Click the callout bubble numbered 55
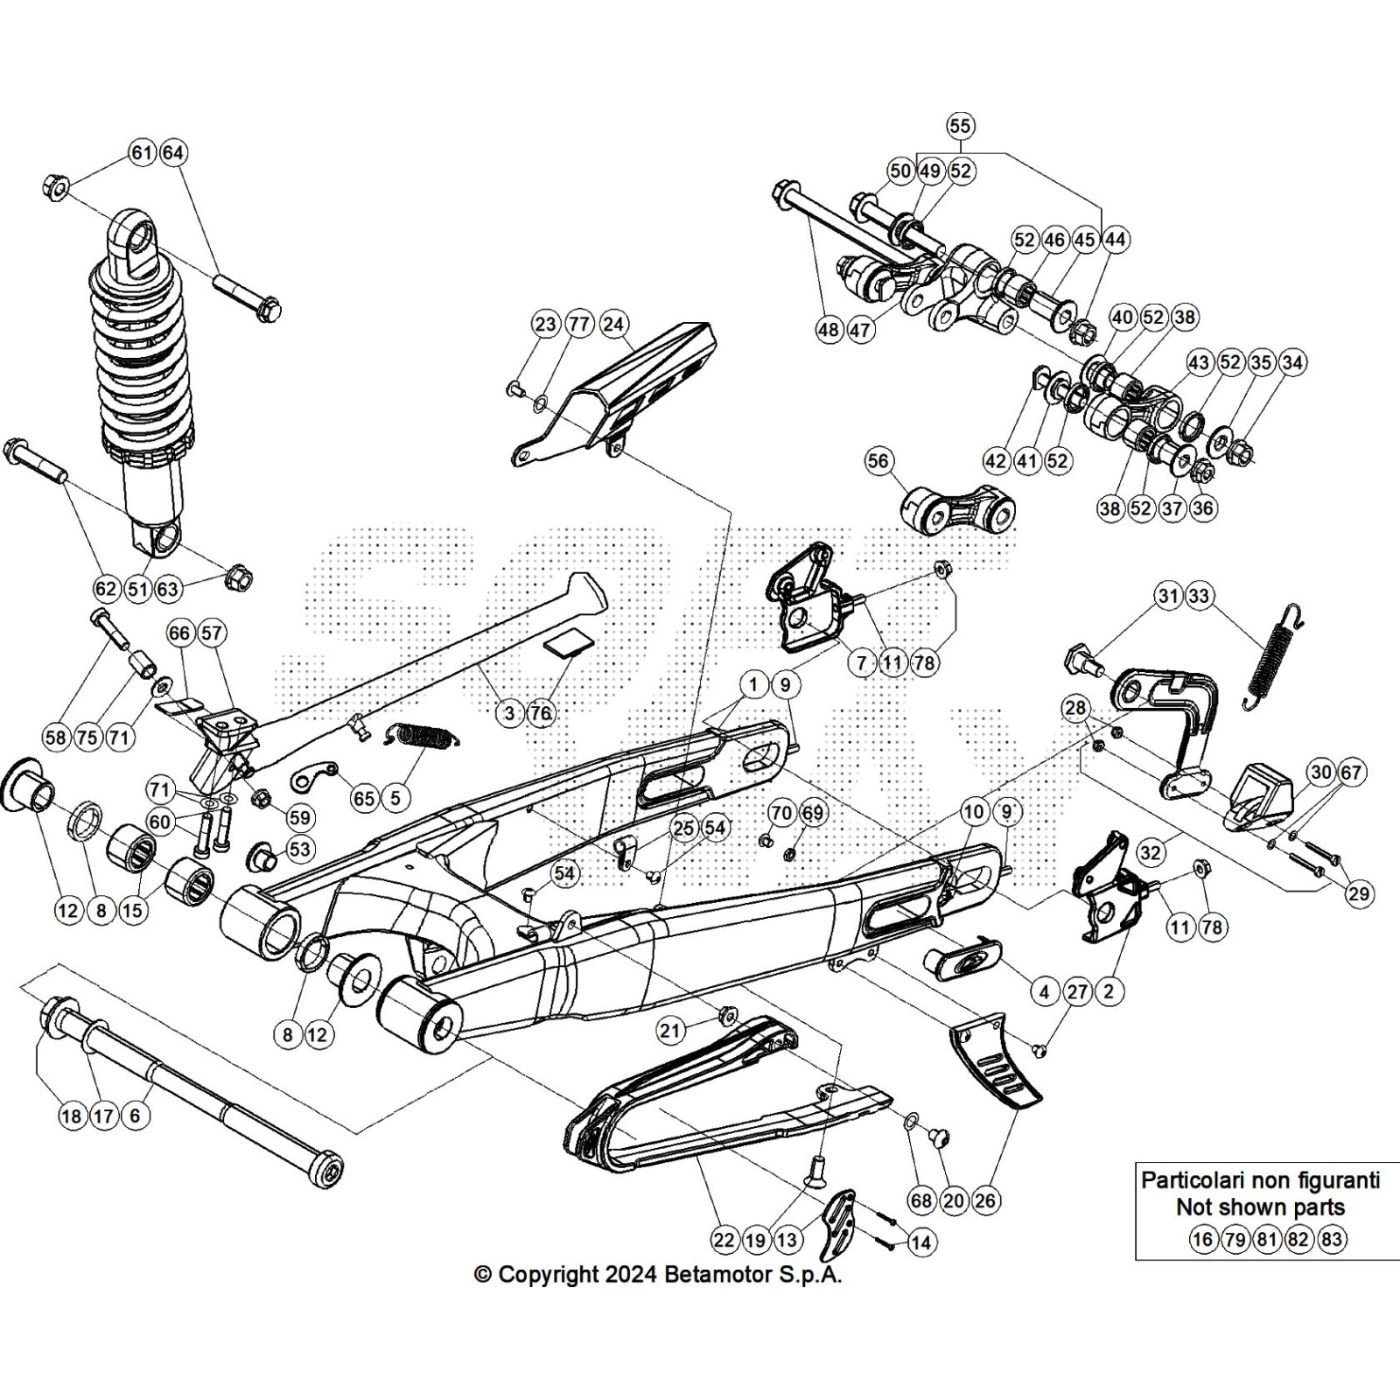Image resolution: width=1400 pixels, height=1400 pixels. (960, 126)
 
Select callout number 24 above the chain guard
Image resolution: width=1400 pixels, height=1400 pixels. (613, 325)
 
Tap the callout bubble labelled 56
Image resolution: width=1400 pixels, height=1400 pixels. (878, 462)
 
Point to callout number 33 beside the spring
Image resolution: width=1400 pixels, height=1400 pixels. (1198, 597)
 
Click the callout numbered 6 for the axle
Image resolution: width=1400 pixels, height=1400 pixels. (135, 1116)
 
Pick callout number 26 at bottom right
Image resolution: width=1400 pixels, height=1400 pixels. (984, 1200)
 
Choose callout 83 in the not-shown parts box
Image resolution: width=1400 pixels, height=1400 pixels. (1331, 1239)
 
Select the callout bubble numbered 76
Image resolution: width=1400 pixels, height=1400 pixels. (541, 713)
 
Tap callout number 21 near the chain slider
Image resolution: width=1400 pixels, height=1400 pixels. (670, 1031)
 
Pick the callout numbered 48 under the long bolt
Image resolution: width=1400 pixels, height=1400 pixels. (829, 330)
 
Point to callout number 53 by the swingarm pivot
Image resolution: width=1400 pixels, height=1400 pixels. (299, 849)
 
